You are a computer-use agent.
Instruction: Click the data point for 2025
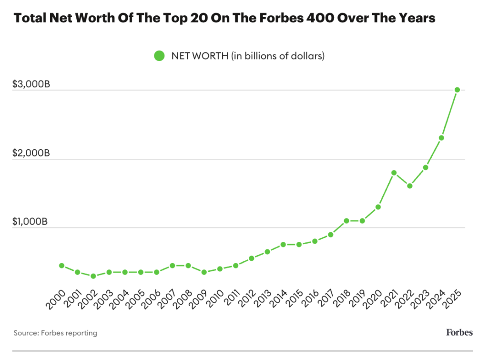point(457,90)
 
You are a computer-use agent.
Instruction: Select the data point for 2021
point(394,173)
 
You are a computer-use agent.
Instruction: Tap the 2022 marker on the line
point(409,186)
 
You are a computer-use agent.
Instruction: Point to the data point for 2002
point(93,276)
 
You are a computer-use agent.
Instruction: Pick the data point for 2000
point(61,265)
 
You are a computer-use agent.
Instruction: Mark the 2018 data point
point(346,221)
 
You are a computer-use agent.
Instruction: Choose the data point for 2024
point(441,138)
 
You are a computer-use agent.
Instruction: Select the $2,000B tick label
point(31,154)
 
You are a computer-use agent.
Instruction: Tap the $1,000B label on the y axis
point(31,222)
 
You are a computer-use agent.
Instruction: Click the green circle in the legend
point(159,56)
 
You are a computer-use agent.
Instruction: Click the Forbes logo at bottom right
point(459,332)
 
